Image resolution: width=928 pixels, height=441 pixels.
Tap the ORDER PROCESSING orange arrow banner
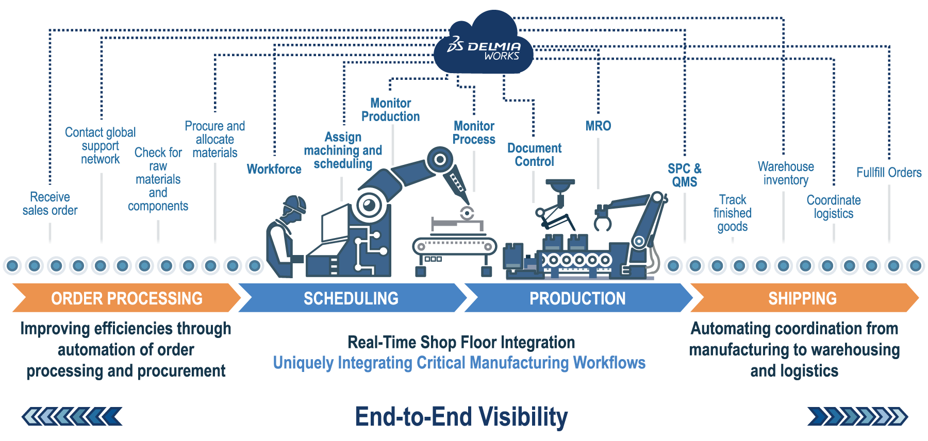pos(126,298)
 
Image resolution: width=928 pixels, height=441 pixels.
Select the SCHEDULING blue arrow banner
pos(351,298)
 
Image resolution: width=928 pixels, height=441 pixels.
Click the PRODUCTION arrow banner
pos(577,298)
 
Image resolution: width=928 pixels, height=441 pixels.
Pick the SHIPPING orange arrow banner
pos(802,298)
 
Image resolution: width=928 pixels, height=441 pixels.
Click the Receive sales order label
pos(50,203)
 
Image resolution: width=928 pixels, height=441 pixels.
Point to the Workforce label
pos(274,169)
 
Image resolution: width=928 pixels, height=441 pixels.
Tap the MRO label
pos(598,126)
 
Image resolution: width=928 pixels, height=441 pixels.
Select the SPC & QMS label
pos(684,175)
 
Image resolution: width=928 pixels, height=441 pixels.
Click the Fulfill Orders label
pos(889,172)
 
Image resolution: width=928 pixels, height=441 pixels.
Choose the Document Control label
pos(534,155)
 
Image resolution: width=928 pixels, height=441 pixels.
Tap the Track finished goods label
pos(732,213)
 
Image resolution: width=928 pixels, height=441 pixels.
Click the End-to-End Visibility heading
pos(461,416)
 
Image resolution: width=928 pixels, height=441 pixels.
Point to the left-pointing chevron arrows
pos(72,416)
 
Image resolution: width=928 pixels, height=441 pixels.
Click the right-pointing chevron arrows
pos(857,416)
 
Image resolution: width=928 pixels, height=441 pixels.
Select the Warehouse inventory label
pos(785,173)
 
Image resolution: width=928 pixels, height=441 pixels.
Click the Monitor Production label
pos(390,110)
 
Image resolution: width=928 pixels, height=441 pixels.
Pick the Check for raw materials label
pos(158,179)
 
